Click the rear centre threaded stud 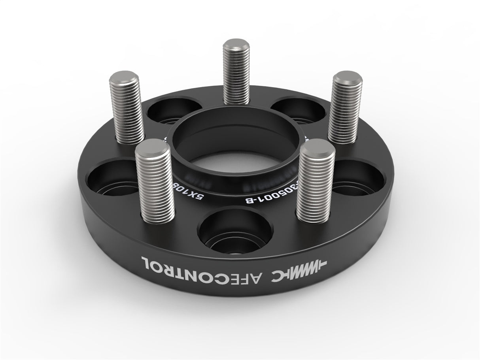(x=236, y=73)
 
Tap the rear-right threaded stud (x=345, y=109)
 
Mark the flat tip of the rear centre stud (x=236, y=44)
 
